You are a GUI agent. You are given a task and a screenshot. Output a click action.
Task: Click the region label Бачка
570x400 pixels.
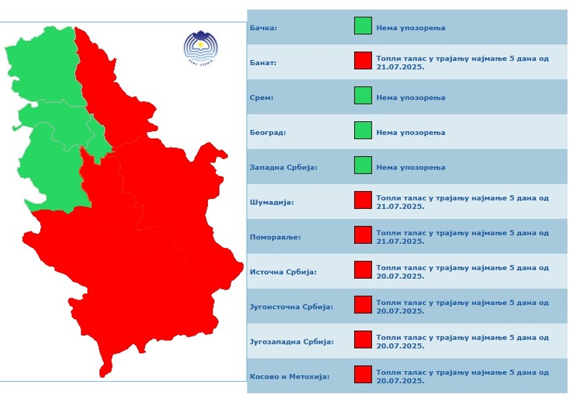point(264,28)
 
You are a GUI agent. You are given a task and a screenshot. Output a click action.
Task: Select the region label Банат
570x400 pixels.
point(264,63)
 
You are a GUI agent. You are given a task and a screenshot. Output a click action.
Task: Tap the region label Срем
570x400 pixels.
point(262,98)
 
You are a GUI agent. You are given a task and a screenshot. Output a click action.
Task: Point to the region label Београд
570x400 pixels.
point(268,133)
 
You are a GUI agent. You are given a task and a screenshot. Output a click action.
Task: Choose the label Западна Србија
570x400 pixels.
point(283,168)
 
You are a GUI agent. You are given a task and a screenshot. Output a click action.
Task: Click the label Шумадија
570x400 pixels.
point(272,202)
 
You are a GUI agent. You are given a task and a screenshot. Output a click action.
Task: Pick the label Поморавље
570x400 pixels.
point(275,237)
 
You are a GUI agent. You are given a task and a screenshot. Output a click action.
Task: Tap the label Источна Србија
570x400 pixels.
point(283,272)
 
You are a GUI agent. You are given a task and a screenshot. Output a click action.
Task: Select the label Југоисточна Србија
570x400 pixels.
point(291,307)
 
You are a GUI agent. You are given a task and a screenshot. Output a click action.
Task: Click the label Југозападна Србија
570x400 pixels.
point(291,342)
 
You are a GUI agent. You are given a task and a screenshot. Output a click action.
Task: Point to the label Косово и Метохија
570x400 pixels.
point(290,377)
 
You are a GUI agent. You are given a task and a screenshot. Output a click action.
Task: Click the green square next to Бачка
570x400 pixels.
point(363,26)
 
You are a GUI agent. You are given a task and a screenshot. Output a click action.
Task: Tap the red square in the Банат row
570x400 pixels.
point(363,61)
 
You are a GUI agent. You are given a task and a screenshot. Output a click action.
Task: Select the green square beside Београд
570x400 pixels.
point(363,131)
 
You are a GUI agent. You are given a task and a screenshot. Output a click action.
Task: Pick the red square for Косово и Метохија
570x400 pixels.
point(363,375)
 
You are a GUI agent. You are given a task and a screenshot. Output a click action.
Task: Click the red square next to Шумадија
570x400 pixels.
point(363,200)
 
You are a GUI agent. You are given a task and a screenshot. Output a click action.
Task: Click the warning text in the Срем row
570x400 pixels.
point(410,98)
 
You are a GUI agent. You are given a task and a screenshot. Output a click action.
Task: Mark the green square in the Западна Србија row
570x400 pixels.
point(363,165)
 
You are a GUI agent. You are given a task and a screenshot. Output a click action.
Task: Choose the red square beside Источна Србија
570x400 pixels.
point(363,270)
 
